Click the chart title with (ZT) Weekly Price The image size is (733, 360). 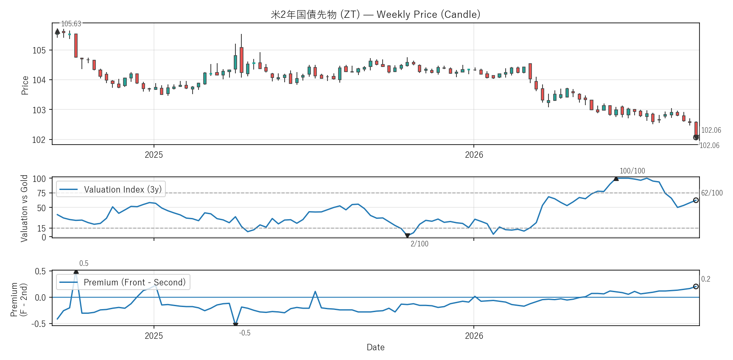(x=375, y=14)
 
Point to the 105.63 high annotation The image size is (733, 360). (x=71, y=24)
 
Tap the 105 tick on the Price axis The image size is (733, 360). (x=39, y=50)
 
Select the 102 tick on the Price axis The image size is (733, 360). (x=39, y=140)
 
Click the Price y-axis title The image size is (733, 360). (x=25, y=85)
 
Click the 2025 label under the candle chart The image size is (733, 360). (x=154, y=155)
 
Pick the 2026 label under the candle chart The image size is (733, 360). (x=474, y=155)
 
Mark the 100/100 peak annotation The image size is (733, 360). (x=632, y=171)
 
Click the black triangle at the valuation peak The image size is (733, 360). (x=616, y=179)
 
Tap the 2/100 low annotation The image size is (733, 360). (x=419, y=244)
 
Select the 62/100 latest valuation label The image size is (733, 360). (x=712, y=193)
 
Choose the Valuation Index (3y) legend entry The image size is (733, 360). (x=111, y=190)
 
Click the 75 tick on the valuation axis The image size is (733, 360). (x=42, y=193)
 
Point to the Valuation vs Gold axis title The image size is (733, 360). (x=24, y=208)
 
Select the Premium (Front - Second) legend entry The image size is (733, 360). (x=123, y=282)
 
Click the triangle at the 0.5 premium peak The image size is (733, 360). (x=76, y=272)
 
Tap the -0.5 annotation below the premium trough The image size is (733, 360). (x=245, y=333)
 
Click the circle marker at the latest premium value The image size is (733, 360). (x=696, y=287)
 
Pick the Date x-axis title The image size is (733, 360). (x=375, y=347)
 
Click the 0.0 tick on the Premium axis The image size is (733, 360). (x=40, y=298)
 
